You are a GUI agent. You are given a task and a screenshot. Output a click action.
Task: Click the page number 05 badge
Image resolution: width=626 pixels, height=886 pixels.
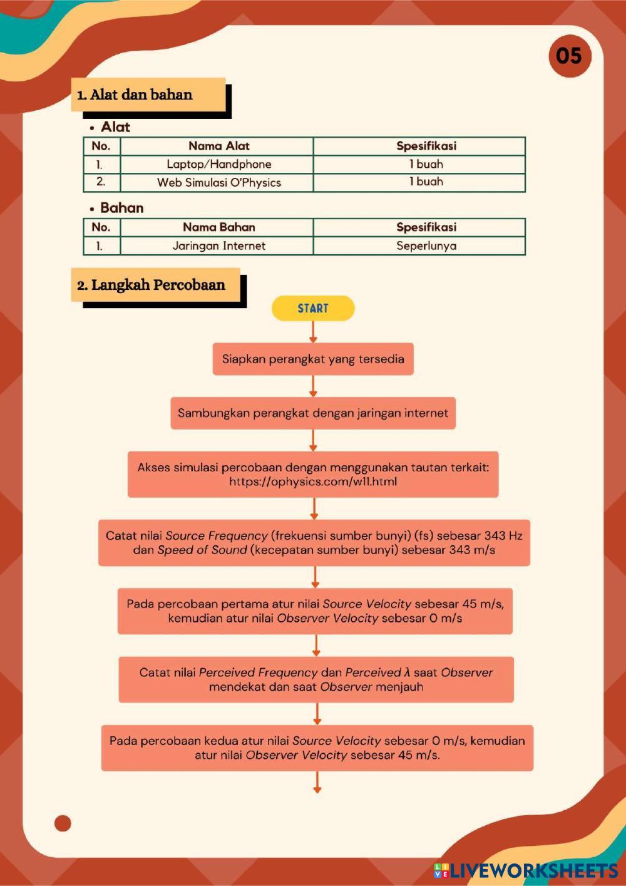(x=569, y=56)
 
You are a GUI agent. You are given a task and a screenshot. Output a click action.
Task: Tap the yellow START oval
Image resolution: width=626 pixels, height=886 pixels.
(x=313, y=308)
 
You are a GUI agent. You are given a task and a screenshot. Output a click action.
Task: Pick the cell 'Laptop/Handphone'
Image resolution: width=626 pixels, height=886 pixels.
(x=218, y=164)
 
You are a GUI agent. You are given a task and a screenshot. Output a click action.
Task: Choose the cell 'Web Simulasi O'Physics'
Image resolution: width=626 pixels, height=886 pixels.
(x=218, y=182)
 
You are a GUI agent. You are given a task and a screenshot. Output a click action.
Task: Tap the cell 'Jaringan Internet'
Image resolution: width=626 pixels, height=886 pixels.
(x=218, y=245)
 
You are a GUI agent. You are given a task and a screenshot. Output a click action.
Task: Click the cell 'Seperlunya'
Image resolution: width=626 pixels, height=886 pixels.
(x=426, y=245)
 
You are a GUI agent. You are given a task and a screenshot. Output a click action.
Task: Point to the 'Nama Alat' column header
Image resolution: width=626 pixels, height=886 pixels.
(x=218, y=146)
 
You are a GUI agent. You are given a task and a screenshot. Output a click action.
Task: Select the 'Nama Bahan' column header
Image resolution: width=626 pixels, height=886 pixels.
(x=218, y=227)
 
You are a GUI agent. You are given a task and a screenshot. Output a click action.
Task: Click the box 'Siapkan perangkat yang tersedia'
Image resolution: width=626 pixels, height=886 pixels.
(x=313, y=359)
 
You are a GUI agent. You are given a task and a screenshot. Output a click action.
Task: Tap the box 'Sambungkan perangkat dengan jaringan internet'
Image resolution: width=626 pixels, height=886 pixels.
(x=313, y=413)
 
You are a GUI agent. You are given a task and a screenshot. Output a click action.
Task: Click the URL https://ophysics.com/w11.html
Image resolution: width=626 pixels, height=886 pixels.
(x=313, y=482)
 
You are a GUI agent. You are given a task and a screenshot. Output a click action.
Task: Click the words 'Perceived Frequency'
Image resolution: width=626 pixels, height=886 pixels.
(x=258, y=672)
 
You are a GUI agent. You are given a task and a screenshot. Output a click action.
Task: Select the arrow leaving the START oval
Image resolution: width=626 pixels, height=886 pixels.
(x=313, y=332)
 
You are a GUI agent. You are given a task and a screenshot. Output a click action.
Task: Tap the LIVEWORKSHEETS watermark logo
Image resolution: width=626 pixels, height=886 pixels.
(x=526, y=870)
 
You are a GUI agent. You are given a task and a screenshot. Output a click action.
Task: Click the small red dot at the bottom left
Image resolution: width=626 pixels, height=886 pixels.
(x=63, y=823)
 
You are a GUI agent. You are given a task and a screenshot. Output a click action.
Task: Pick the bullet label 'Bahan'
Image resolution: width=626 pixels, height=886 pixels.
(x=121, y=208)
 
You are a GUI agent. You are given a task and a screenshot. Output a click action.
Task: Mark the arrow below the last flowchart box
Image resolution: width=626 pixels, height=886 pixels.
(x=317, y=782)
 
